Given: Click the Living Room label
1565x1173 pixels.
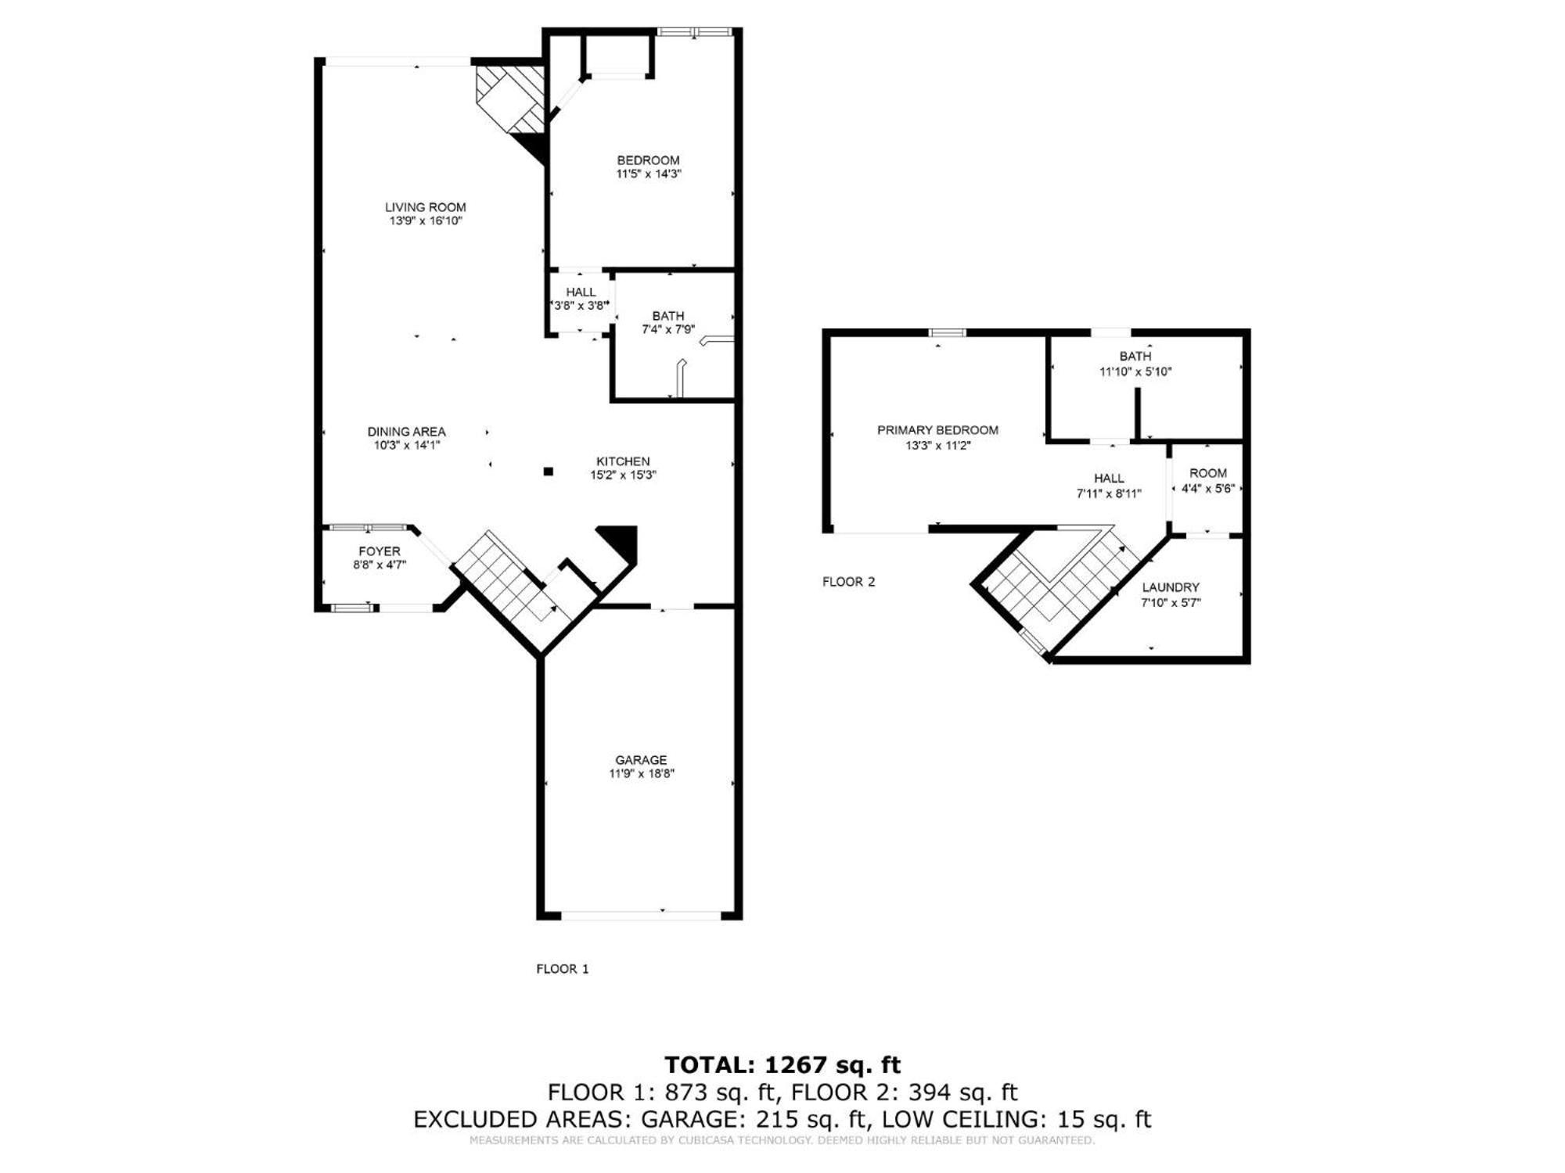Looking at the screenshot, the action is click(425, 207).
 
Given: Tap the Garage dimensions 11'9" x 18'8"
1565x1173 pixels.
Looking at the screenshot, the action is click(642, 774).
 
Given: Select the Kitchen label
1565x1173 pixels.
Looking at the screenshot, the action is click(623, 461).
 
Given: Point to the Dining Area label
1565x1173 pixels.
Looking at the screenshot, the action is click(406, 432).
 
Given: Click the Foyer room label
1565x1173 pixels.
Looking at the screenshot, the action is click(380, 551).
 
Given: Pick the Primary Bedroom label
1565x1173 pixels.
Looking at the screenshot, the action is click(937, 430).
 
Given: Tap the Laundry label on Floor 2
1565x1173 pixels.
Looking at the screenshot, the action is click(1171, 587).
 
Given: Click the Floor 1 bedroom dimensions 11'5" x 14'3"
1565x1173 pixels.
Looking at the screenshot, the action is click(649, 174).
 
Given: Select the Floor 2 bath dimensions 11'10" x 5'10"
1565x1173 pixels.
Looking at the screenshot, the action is click(1135, 372).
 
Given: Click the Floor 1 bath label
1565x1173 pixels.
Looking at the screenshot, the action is click(668, 316).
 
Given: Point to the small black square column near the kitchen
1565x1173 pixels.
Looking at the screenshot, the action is click(549, 472).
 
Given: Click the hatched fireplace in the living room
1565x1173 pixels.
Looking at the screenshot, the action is click(510, 98).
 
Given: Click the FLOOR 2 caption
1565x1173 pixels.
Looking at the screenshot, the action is click(848, 582).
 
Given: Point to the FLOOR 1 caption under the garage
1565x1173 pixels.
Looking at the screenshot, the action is click(562, 969).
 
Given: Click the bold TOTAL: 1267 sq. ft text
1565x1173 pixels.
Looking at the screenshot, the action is click(782, 1065).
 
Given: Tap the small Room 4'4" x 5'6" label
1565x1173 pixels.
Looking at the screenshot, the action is click(1208, 481).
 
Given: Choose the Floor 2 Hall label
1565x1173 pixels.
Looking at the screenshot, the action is click(1109, 479).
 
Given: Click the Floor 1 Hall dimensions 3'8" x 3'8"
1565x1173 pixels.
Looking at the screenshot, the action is click(580, 306).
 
